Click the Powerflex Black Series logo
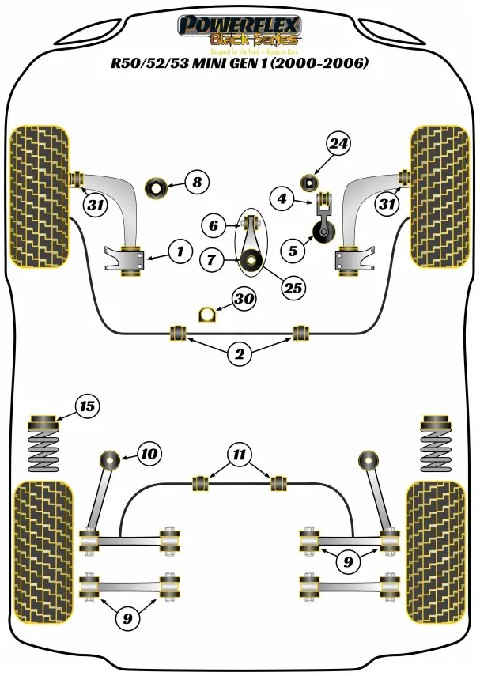240,32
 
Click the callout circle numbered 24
338,144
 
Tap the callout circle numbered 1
180,252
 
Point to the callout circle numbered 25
293,288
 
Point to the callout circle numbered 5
293,251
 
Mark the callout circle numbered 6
212,225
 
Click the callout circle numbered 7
212,259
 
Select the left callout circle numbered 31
96,206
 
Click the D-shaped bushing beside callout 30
206,313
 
